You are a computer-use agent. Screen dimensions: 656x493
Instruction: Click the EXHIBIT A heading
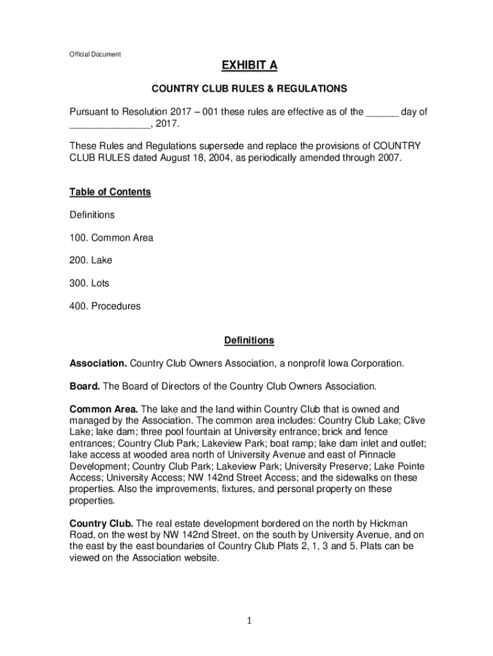coord(249,66)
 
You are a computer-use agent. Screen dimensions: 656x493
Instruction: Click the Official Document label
coord(95,54)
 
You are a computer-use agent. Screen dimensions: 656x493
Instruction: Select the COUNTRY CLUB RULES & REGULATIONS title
coord(249,88)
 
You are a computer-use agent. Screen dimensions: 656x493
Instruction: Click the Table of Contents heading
coord(110,192)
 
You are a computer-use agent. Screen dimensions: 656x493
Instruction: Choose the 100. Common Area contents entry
coord(111,238)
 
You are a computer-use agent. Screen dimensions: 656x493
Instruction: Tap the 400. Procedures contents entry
coord(105,306)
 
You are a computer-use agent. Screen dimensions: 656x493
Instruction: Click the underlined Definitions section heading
coord(248,340)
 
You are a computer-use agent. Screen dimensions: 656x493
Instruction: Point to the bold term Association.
coord(98,363)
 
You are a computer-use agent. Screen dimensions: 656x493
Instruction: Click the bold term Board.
coord(85,386)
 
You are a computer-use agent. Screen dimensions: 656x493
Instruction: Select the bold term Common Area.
coord(103,409)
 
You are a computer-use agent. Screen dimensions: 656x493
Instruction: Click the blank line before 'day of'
coord(382,113)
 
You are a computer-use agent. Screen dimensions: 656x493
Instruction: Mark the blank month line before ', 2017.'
coord(109,124)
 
